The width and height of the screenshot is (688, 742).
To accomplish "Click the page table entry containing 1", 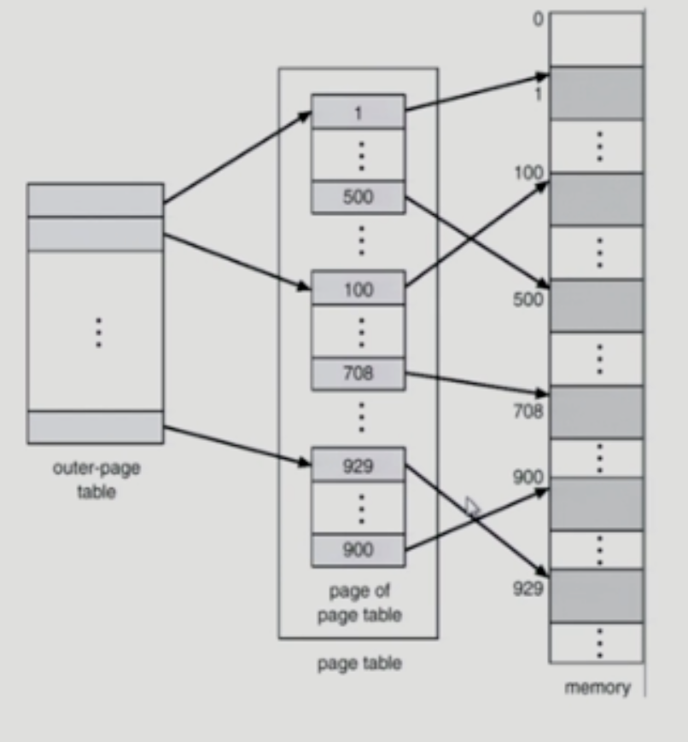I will tap(358, 112).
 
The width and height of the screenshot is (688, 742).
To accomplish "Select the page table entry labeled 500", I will tap(358, 198).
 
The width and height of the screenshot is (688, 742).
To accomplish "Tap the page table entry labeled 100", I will tap(358, 288).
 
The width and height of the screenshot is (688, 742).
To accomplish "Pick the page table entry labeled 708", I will tap(358, 372).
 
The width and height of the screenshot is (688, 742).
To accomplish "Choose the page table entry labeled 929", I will tap(358, 466).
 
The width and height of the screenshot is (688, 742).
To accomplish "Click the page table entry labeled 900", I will tap(358, 550).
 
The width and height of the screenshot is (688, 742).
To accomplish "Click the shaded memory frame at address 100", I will tap(596, 200).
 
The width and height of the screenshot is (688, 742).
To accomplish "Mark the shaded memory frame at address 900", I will tap(596, 503).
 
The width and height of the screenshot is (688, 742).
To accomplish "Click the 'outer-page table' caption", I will tap(96, 480).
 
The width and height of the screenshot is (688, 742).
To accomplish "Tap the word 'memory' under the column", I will tap(597, 687).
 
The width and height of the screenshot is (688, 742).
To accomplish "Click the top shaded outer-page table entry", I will tap(95, 200).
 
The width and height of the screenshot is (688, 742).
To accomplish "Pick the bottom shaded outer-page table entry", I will tap(95, 426).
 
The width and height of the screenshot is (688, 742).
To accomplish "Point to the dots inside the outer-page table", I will tap(98, 332).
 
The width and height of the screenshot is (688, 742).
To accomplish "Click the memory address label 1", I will tap(539, 95).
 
